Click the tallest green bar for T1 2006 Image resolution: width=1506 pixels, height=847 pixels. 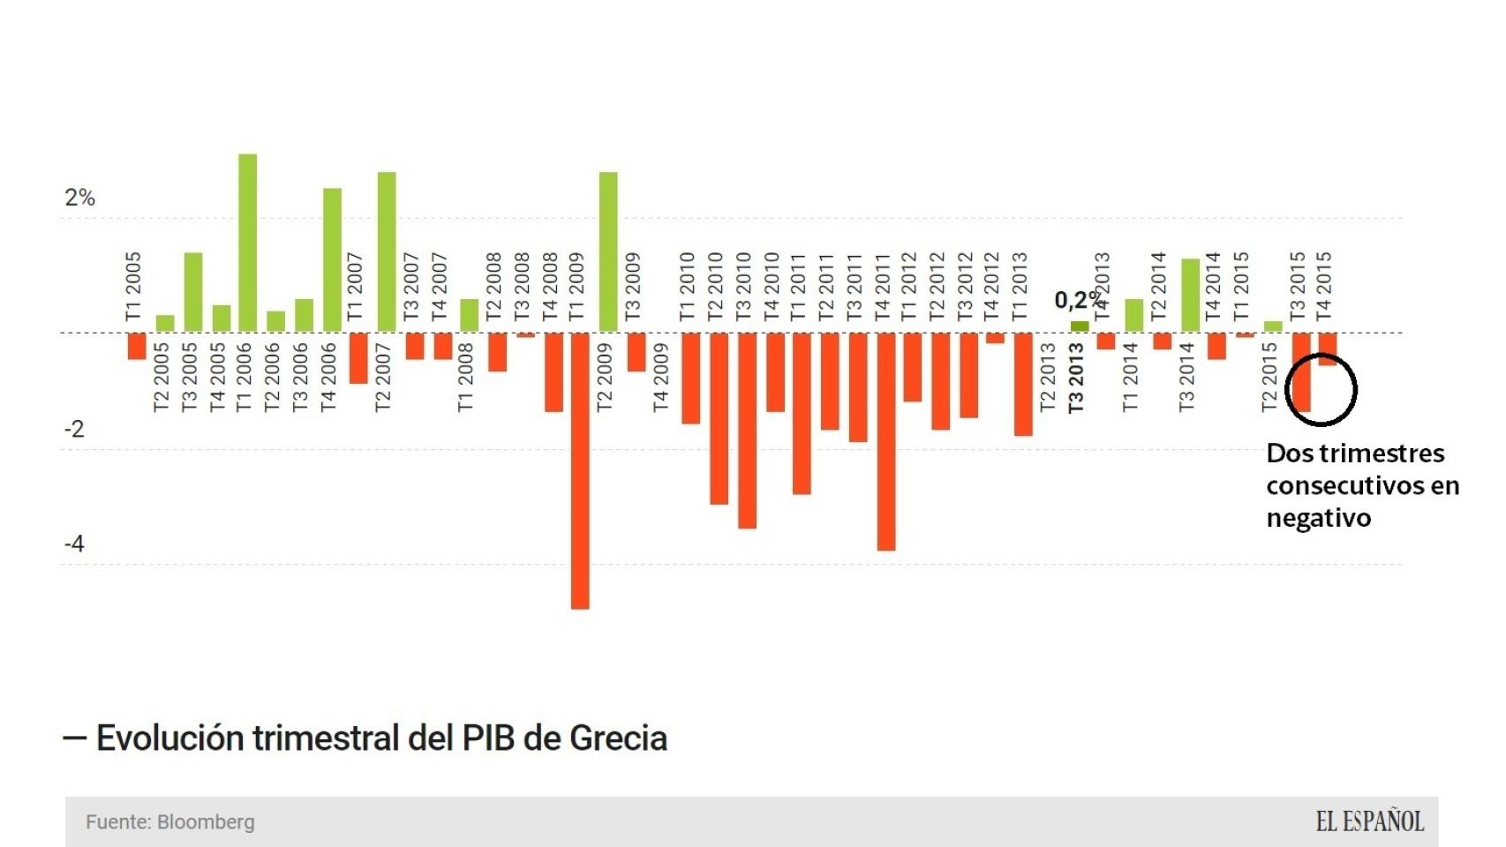(247, 244)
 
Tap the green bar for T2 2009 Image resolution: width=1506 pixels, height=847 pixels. (608, 252)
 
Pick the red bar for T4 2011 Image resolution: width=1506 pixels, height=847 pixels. (885, 441)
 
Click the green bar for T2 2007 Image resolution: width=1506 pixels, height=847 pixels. (387, 252)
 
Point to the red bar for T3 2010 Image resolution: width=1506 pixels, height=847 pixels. (747, 431)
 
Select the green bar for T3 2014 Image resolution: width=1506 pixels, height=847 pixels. (1190, 296)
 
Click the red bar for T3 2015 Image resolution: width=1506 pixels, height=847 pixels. (1301, 372)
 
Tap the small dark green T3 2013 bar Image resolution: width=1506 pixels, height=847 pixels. (1079, 327)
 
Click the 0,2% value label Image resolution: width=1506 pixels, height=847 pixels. (1078, 300)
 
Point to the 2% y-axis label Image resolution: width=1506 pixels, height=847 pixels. (79, 198)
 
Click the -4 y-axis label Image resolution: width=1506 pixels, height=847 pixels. (74, 543)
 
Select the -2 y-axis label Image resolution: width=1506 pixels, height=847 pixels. (74, 429)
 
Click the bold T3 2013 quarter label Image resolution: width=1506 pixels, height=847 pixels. (1075, 378)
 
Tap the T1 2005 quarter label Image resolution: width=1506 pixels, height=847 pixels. (133, 287)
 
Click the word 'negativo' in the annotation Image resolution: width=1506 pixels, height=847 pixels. (1318, 518)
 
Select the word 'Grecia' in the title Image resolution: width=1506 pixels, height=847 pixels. (618, 738)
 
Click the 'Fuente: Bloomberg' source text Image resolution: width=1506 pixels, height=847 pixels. (170, 822)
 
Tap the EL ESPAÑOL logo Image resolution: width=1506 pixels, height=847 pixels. (1369, 822)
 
